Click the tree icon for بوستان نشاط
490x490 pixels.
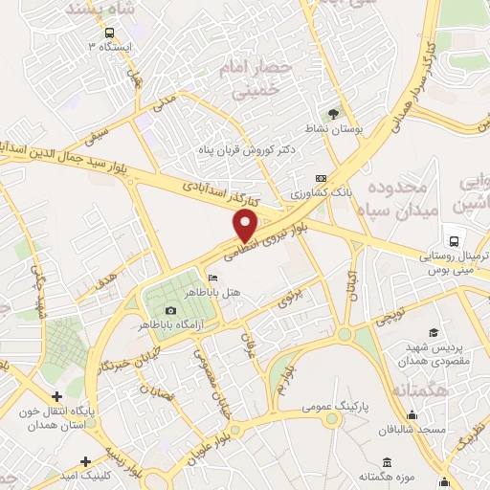click(x=333, y=114)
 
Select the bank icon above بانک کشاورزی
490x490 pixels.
click(x=321, y=179)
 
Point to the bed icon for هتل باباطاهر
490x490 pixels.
click(x=212, y=278)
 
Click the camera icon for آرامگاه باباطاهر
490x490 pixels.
click(x=170, y=310)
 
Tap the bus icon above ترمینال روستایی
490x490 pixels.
click(x=451, y=241)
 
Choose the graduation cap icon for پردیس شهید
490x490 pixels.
click(x=433, y=332)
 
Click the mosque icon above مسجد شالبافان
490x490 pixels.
click(x=412, y=414)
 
